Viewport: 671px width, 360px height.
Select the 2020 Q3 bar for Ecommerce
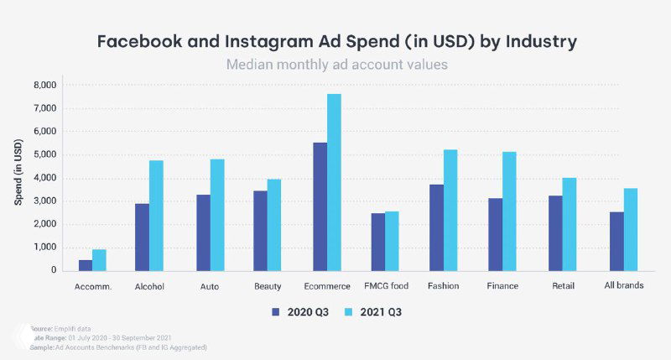(x=320, y=206)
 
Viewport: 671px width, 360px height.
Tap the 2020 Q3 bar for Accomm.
(x=85, y=265)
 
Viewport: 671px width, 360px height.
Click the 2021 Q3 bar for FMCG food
(x=393, y=241)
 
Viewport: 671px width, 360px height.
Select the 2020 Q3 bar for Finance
(x=496, y=234)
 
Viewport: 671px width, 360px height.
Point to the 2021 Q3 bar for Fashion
(x=451, y=210)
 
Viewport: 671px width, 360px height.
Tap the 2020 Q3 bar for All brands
(x=616, y=241)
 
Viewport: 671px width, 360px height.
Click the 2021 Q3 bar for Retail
(x=569, y=224)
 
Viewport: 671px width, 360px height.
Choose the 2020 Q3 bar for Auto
(x=203, y=232)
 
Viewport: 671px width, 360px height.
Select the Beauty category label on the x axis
(x=267, y=286)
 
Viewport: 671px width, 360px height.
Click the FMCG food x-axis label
(x=385, y=286)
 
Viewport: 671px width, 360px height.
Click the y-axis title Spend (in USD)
(x=18, y=176)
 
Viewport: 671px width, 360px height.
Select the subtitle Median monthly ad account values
(x=335, y=65)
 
